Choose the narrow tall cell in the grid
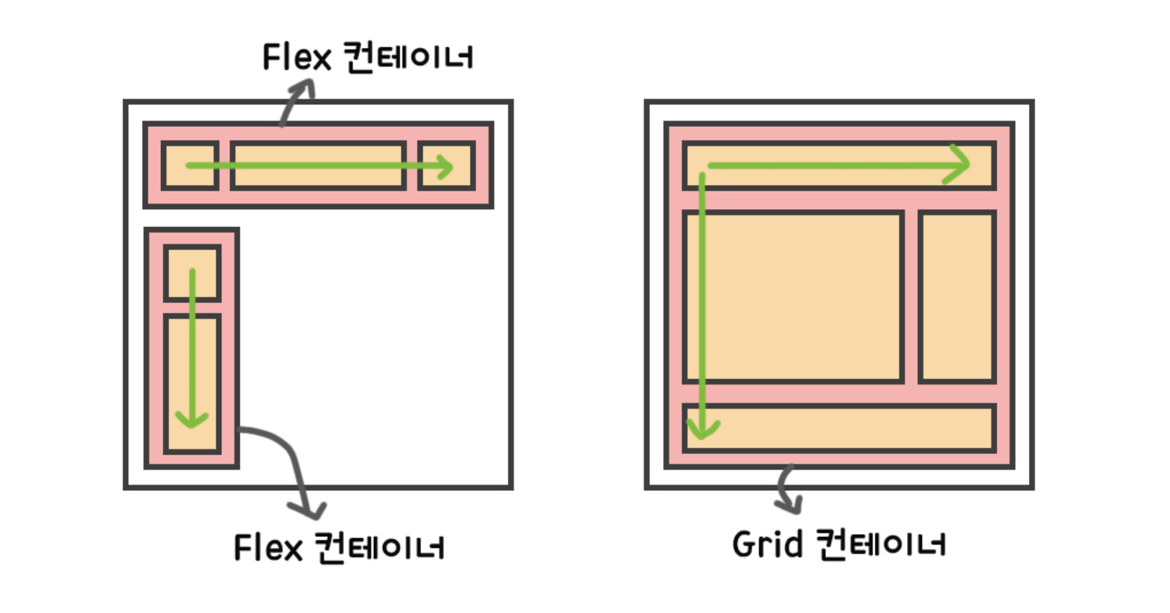(x=957, y=297)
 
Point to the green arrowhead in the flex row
(x=445, y=167)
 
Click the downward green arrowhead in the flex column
(x=192, y=419)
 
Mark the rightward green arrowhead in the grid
(x=959, y=165)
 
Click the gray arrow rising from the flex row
(x=297, y=99)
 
